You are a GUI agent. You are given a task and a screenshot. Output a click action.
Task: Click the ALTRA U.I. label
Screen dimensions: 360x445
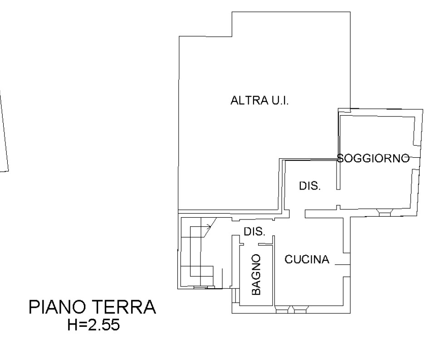point(259,101)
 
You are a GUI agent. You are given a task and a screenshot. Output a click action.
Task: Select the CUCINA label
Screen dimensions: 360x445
point(307,259)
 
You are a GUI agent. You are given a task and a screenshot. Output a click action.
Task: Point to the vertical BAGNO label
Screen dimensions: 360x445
point(256,274)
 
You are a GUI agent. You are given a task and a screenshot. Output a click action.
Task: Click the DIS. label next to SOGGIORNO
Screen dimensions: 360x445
point(310,186)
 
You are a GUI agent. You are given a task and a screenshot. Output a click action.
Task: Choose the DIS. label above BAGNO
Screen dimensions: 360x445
point(254,231)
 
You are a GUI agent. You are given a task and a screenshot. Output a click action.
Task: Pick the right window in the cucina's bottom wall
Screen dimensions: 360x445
point(300,311)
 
